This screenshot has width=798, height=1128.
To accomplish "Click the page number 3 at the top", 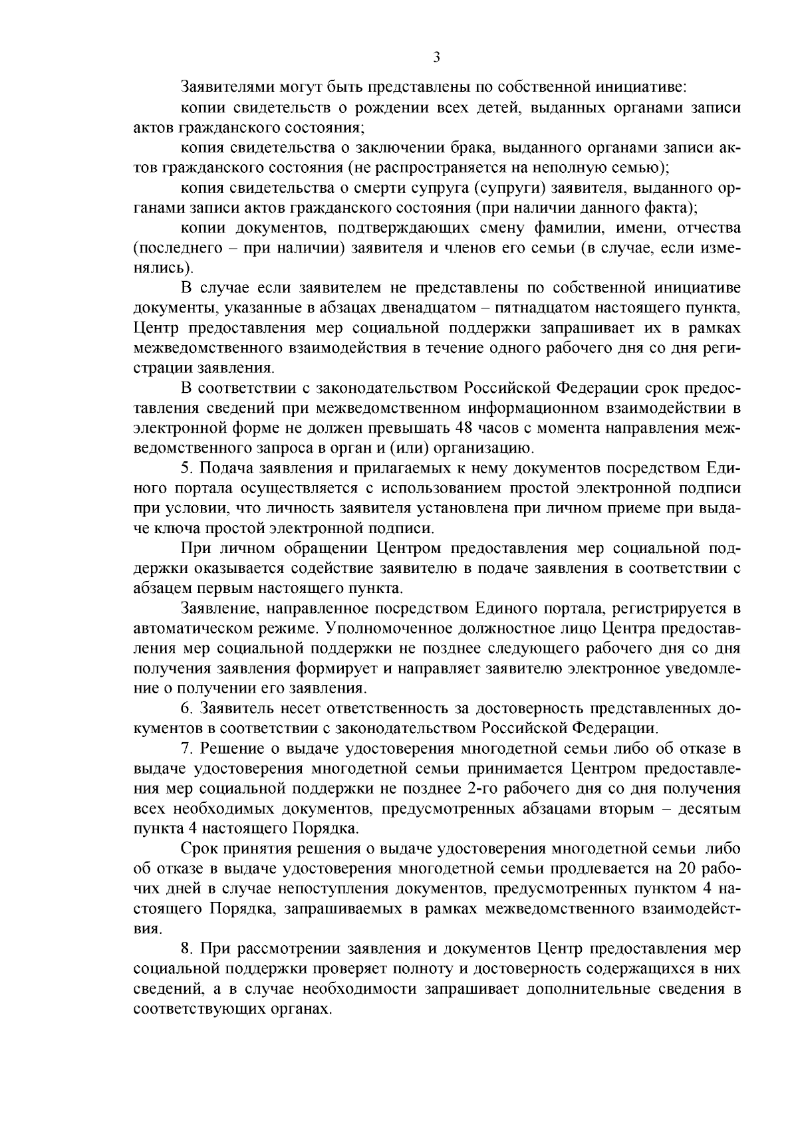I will (x=436, y=57).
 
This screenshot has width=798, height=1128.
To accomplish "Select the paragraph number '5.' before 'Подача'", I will (x=187, y=468).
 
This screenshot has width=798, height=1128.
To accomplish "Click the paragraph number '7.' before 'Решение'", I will (x=187, y=748).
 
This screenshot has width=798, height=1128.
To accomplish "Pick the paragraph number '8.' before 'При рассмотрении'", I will (x=187, y=948).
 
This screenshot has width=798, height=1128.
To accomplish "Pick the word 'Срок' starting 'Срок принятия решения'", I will (x=198, y=849).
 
